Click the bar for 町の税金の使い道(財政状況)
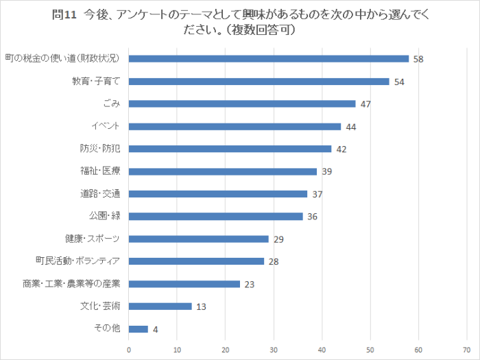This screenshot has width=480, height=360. pyautogui.click(x=269, y=59)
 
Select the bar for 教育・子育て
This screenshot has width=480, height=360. pyautogui.click(x=259, y=82)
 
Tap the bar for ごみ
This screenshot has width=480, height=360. pyautogui.click(x=242, y=104)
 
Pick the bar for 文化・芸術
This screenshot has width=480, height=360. pyautogui.click(x=160, y=307)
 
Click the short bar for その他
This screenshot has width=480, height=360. pyautogui.click(x=139, y=329)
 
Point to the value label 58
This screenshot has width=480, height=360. pyautogui.click(x=418, y=59)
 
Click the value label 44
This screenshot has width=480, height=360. pyautogui.click(x=350, y=127)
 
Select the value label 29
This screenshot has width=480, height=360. pyautogui.click(x=278, y=239)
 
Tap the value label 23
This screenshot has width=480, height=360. pyautogui.click(x=249, y=284)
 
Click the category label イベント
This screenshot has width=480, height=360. pyautogui.click(x=106, y=126)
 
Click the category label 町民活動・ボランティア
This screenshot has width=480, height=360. pyautogui.click(x=78, y=261)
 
